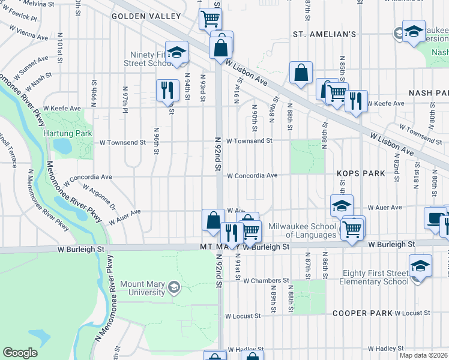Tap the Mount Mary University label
click(x=142, y=288)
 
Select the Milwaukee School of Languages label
click(x=302, y=230)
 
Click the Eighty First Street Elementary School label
click(x=373, y=277)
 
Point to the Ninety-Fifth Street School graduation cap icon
click(x=177, y=53)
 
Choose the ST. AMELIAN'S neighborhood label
click(x=325, y=34)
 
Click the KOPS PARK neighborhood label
click(x=361, y=173)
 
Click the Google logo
click(x=20, y=353)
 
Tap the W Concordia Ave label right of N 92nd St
click(x=252, y=176)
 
